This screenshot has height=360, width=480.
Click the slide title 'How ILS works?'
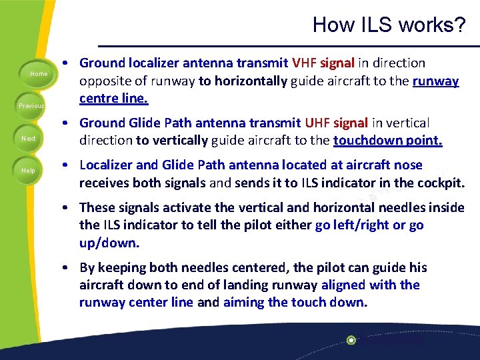(x=389, y=25)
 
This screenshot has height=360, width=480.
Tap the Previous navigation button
(x=31, y=105)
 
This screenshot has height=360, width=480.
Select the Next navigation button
(x=29, y=138)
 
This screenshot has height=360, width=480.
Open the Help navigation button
(x=29, y=171)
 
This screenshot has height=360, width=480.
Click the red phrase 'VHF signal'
(x=323, y=63)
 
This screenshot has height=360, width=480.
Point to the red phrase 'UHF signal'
(x=336, y=123)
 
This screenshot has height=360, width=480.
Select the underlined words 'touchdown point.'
(x=387, y=141)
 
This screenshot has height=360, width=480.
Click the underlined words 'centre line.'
(x=114, y=99)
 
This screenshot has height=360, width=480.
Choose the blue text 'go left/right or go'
(x=369, y=225)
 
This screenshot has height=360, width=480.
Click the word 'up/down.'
(x=107, y=243)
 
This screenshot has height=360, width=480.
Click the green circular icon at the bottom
(x=351, y=340)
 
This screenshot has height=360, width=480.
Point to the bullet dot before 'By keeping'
(x=69, y=267)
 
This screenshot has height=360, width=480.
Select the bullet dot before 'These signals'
(x=69, y=207)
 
